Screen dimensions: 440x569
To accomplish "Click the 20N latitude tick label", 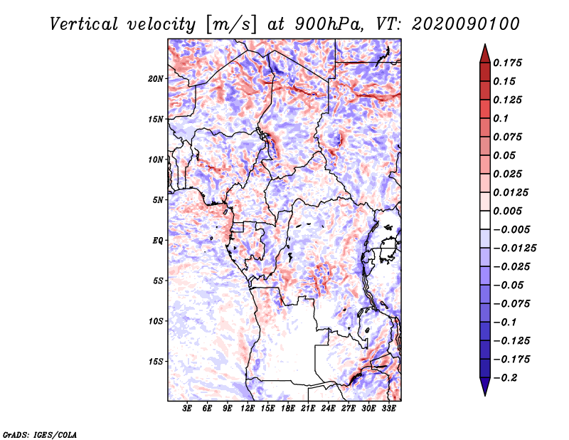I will [x=156, y=78].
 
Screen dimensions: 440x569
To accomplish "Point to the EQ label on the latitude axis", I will [x=157, y=240].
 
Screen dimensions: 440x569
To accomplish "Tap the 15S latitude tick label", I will [x=156, y=361].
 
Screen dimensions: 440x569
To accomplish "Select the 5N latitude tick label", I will [x=157, y=199].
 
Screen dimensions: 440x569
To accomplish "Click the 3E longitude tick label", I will [x=188, y=409].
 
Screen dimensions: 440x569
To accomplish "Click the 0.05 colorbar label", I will [x=505, y=155].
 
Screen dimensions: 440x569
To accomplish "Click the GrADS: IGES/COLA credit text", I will [x=39, y=434].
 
